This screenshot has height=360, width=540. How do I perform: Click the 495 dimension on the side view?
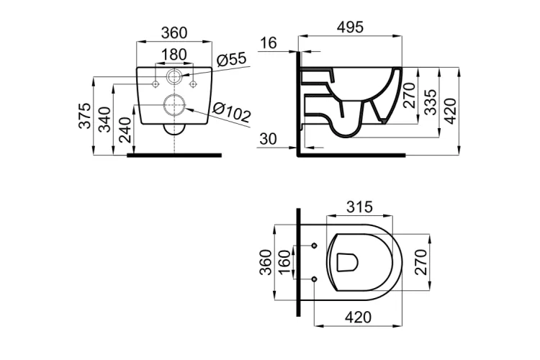pos(350,26)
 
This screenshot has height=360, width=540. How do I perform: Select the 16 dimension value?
pos(268,43)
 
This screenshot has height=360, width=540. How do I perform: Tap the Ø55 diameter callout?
pos(232,58)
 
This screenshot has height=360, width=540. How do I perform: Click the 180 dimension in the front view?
pos(174,55)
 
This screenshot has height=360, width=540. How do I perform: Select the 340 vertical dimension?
pos(104,121)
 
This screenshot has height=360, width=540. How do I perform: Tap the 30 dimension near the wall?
pos(268,138)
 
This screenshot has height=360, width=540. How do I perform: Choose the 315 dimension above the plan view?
pos(359,207)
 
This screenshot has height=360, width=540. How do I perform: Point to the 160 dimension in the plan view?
pos(284,262)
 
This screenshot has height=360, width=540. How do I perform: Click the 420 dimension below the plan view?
pos(357,316)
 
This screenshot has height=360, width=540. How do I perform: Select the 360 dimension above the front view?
pos(174,32)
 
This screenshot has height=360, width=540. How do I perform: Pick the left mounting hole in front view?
pos(156,84)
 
